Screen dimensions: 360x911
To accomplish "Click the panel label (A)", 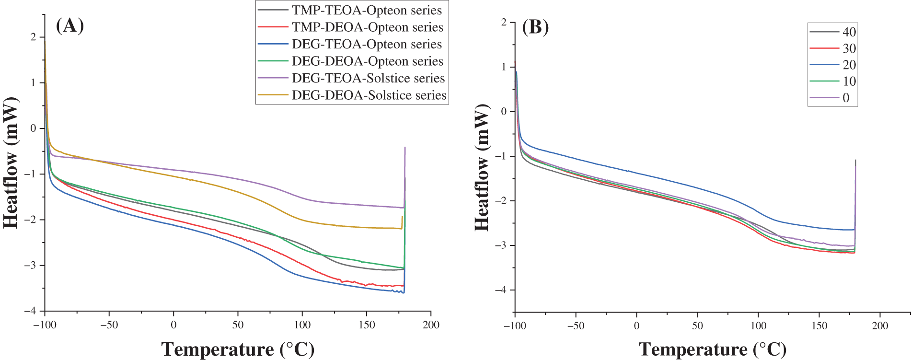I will pyautogui.click(x=70, y=25).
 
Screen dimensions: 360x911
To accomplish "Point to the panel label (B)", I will pyautogui.click(x=535, y=27).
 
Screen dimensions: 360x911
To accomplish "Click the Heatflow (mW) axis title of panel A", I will pyautogui.click(x=11, y=163).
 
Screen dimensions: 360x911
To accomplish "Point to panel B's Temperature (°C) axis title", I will pyautogui.click(x=712, y=349).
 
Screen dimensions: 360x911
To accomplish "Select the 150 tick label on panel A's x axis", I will pyautogui.click(x=366, y=325).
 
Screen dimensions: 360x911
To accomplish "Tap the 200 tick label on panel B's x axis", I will pyautogui.click(x=880, y=326).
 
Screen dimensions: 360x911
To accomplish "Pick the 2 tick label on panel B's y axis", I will pyautogui.click(x=504, y=23).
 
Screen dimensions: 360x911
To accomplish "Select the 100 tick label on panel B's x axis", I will pyautogui.click(x=758, y=326).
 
